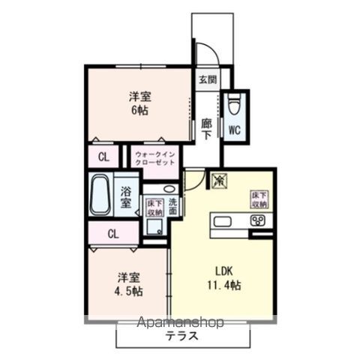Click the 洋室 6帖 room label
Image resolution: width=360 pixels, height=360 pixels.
(x=137, y=103)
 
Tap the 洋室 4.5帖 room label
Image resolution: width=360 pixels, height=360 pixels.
(x=129, y=283)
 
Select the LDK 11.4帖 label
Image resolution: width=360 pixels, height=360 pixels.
(x=225, y=278)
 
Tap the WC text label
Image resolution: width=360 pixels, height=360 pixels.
(x=233, y=129)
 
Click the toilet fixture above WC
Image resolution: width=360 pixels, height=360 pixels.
(x=233, y=101)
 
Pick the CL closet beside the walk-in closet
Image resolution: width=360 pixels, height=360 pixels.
(x=103, y=158)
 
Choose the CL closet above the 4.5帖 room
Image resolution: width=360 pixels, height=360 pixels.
(x=112, y=234)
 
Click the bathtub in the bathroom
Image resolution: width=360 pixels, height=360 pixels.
(x=100, y=196)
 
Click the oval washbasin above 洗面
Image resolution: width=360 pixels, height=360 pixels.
(x=169, y=188)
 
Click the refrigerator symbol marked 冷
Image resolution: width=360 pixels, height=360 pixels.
(x=220, y=180)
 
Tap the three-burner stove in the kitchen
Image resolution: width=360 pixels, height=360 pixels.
(x=257, y=220)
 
